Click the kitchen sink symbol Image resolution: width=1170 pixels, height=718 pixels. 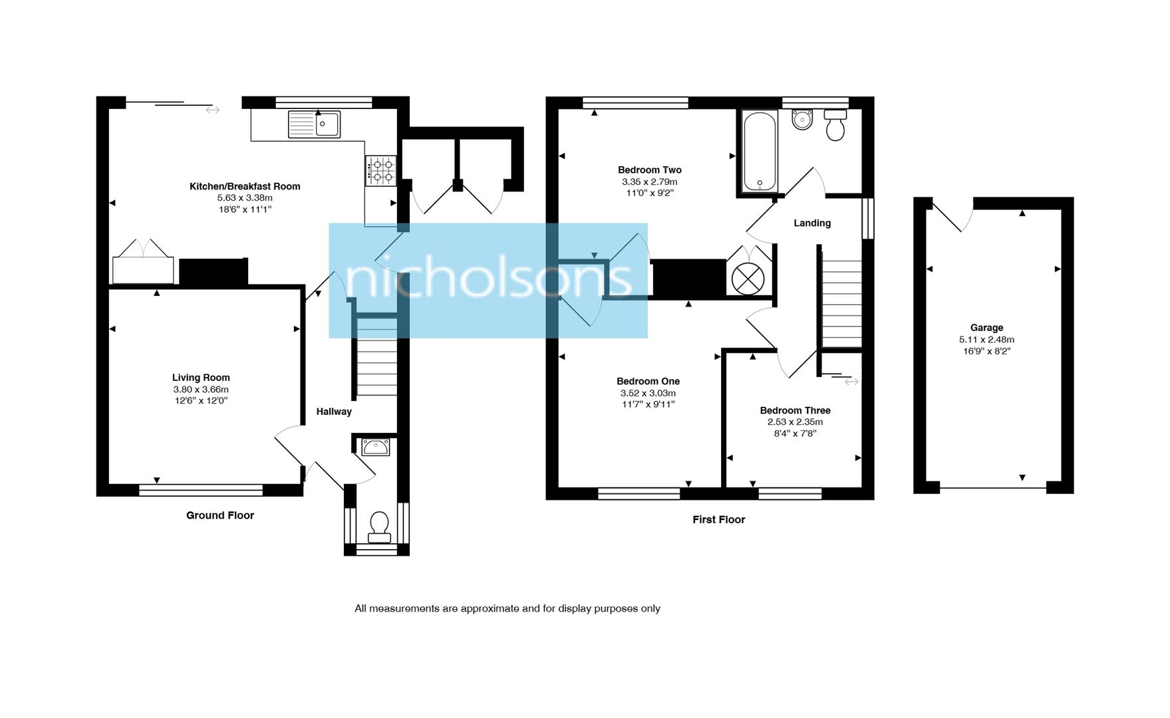click(314, 124)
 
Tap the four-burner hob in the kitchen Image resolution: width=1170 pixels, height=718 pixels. click(380, 170)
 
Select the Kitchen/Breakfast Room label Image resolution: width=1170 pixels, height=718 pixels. click(245, 186)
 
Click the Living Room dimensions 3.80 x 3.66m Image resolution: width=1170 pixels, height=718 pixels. click(201, 390)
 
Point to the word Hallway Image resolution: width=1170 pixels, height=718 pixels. click(334, 412)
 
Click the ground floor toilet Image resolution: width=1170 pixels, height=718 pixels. click(379, 526)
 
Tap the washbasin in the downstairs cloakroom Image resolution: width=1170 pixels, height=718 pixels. click(376, 447)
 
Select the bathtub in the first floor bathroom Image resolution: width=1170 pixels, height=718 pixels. click(760, 152)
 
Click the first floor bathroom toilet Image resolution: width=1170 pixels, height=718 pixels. click(835, 125)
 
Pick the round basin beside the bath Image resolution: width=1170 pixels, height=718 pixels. click(802, 120)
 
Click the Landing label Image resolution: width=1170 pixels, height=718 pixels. click(812, 223)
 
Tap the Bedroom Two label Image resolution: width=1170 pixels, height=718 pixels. click(649, 170)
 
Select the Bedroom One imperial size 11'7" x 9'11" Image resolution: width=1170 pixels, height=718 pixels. click(648, 404)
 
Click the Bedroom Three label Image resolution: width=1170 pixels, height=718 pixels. click(795, 410)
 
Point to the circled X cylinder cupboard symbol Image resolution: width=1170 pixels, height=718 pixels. click(748, 279)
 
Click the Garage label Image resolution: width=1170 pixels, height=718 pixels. click(986, 327)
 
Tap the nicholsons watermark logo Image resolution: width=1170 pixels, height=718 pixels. click(488, 280)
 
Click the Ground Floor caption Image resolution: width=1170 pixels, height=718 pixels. click(220, 515)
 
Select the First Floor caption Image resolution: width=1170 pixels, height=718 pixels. click(718, 519)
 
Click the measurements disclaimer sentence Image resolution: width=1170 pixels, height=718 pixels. click(507, 608)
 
